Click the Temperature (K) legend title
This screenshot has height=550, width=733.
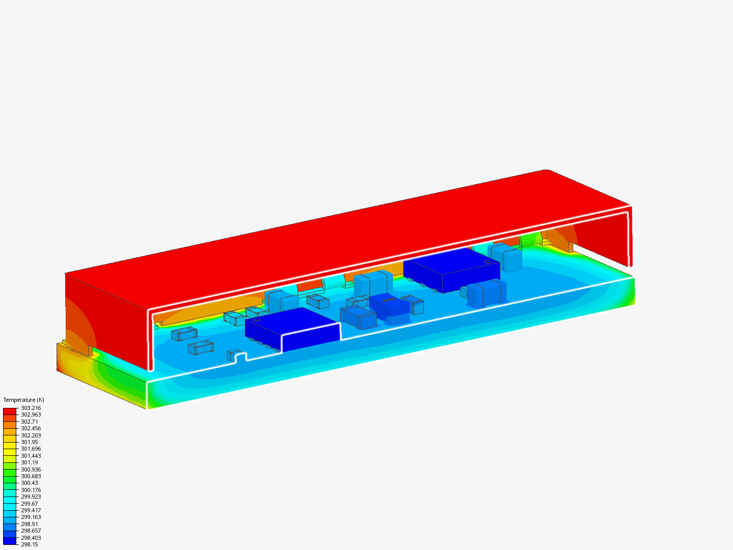pos(23,400)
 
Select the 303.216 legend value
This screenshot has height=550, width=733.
pos(31,408)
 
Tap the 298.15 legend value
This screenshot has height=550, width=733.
pos(29,544)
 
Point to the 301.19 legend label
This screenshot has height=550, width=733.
pos(29,462)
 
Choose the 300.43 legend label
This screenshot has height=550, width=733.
pos(29,483)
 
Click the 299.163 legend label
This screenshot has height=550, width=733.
pos(31,517)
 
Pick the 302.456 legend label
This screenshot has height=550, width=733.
pos(31,428)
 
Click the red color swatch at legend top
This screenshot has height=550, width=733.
pos(10,411)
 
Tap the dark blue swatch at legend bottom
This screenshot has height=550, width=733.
pos(10,541)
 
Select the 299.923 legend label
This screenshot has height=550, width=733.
pos(31,497)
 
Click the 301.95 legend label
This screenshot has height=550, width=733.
pos(29,442)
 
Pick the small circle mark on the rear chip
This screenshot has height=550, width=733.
pos(488,262)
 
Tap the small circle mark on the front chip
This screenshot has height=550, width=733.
pos(257,320)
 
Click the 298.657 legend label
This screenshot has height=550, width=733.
pos(31,531)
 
